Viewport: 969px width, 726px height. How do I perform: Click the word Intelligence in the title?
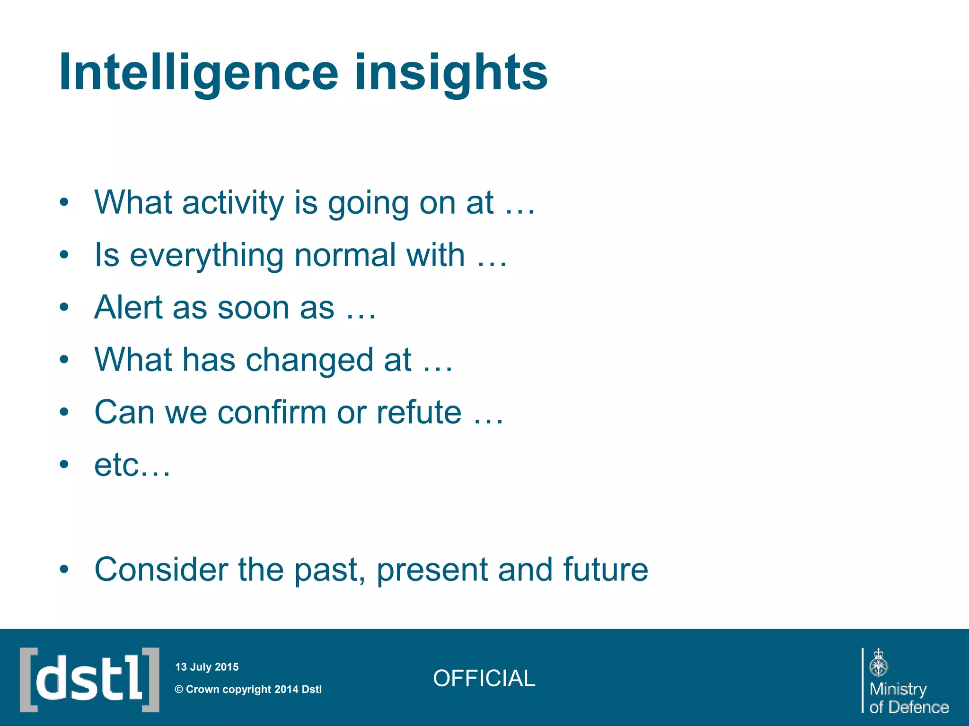click(x=199, y=72)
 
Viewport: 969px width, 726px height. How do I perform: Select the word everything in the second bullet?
click(x=206, y=256)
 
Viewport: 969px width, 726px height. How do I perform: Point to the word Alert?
click(x=128, y=308)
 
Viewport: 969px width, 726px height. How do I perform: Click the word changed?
click(x=328, y=360)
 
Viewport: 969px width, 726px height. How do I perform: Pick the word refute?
click(x=418, y=412)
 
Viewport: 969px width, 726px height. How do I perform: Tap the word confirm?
click(x=272, y=412)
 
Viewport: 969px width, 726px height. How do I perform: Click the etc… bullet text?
click(x=132, y=465)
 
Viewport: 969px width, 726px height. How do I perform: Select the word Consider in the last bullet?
click(x=161, y=570)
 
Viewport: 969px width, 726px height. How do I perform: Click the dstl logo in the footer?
click(x=89, y=680)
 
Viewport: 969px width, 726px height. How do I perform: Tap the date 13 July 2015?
click(x=207, y=667)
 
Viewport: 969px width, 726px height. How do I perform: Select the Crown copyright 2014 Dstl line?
click(x=248, y=689)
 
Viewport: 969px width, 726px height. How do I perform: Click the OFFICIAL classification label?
click(x=484, y=678)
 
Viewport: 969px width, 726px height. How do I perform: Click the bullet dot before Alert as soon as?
click(x=64, y=308)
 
